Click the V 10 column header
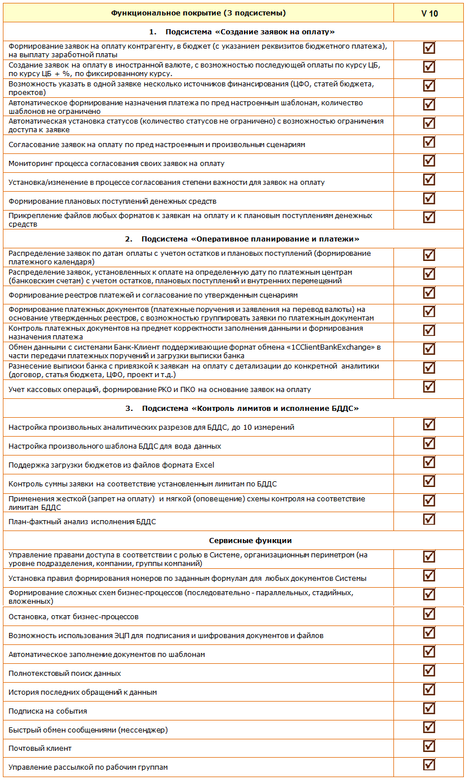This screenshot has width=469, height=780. tap(429, 13)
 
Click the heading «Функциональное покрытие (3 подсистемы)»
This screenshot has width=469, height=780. tap(198, 13)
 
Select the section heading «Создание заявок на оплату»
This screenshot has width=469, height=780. tap(250, 31)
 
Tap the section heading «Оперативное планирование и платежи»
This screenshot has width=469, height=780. tap(250, 239)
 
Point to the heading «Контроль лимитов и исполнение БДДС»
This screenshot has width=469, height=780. tap(250, 408)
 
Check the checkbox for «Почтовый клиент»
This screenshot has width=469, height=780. tap(429, 746)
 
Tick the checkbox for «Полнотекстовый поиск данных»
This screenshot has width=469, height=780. tap(429, 670)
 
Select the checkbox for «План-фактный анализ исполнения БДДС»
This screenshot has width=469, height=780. tap(429, 519)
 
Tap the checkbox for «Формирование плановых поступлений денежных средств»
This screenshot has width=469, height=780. tap(429, 198)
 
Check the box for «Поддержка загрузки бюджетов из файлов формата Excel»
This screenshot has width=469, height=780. tap(429, 462)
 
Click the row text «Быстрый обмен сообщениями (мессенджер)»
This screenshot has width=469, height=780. tap(88, 730)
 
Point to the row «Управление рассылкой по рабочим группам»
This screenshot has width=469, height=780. tap(88, 767)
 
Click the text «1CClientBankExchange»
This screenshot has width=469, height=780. tap(324, 347)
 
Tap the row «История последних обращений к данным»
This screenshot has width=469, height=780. tap(83, 692)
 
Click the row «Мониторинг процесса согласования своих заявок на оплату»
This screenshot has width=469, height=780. tap(116, 164)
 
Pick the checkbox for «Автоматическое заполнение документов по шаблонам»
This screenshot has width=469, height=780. tap(429, 651)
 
